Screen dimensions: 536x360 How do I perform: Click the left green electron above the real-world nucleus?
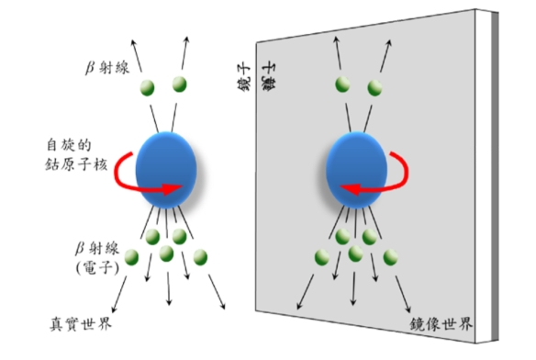point(147,87)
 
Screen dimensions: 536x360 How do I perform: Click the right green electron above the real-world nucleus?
point(181,85)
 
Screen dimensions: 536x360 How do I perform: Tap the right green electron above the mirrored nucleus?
point(375,86)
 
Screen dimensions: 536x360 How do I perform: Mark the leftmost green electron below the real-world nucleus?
point(132,256)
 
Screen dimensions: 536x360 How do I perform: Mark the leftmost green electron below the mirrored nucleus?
point(322,256)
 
